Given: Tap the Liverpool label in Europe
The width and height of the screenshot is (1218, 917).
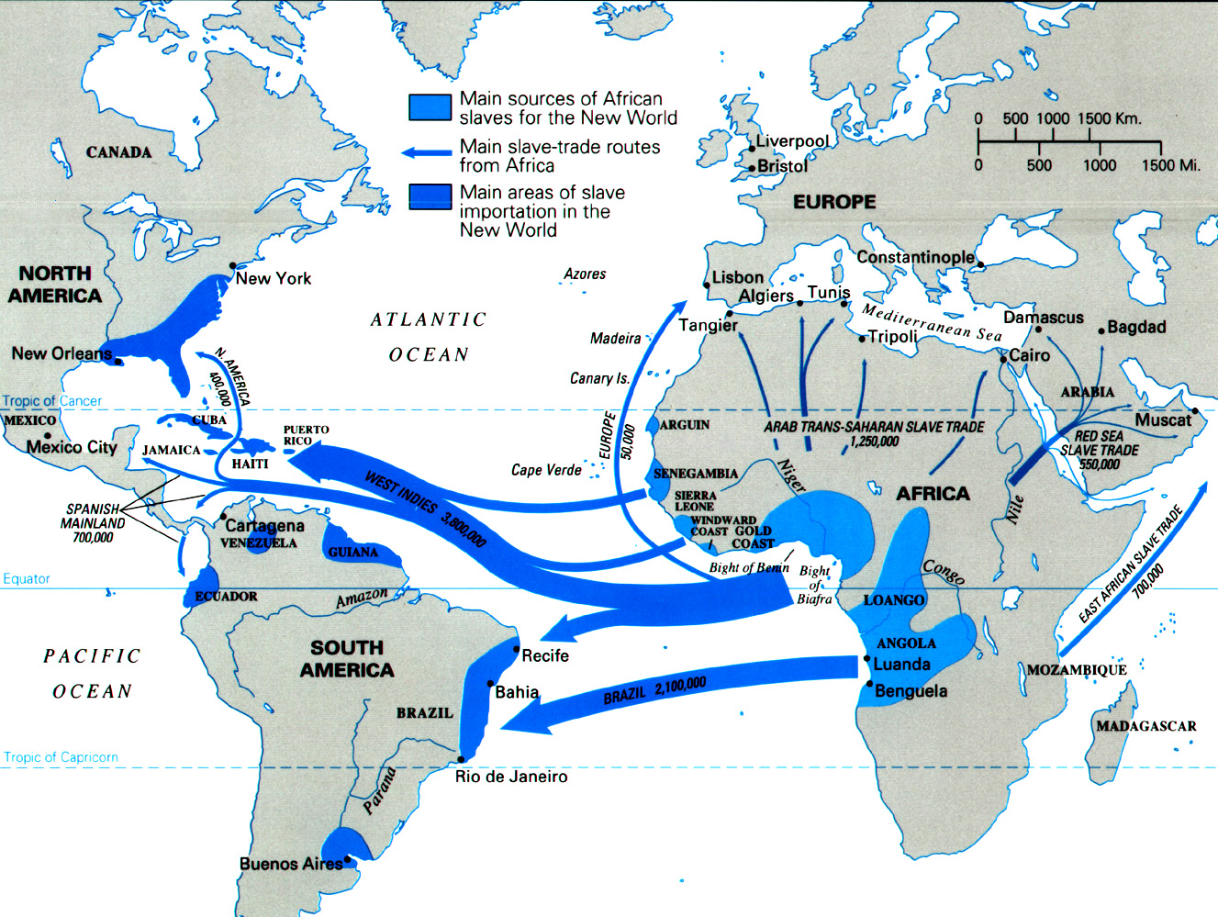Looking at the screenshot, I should [792, 141].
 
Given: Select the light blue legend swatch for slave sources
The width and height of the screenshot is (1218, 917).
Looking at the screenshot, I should [430, 107].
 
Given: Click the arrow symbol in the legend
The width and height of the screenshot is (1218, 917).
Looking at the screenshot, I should [427, 152].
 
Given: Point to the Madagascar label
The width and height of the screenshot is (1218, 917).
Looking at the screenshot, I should [1145, 726].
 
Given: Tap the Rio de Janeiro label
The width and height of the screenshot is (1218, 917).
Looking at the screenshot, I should [511, 777].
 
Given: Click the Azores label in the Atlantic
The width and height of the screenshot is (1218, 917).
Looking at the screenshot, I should [585, 274].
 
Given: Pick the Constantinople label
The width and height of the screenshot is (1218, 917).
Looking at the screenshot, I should [915, 257].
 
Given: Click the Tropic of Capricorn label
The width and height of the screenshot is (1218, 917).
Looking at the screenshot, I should [61, 757].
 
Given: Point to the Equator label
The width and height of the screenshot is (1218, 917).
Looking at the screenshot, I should [27, 578].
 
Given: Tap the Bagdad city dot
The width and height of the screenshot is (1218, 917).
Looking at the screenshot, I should [1102, 328].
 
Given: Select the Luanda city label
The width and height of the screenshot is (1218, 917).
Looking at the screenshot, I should [901, 664].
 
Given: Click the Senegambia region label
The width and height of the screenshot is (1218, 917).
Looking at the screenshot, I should [695, 474].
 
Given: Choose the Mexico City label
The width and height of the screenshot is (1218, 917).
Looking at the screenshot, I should [72, 447].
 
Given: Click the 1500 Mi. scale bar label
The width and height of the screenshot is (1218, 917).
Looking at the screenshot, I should [1170, 165].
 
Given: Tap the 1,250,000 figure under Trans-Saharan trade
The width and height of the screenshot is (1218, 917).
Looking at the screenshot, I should [874, 442].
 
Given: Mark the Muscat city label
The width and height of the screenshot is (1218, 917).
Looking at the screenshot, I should [1163, 419].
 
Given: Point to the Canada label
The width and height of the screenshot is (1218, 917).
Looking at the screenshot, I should [118, 152].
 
